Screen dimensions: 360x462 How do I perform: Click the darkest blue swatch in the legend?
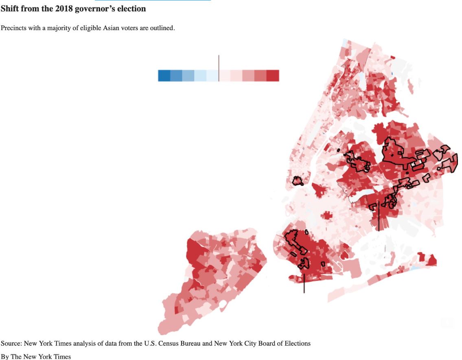tap(164, 76)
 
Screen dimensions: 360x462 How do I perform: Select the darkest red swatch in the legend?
tap(273, 76)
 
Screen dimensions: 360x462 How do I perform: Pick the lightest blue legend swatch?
tap(212, 76)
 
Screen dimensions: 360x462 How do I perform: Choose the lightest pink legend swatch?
tap(225, 76)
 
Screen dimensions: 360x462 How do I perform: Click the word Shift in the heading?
tap(10, 9)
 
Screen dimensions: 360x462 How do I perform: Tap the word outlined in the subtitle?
tap(162, 28)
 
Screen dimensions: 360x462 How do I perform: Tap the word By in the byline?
tap(4, 357)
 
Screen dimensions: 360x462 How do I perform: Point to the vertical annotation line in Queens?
tap(379, 216)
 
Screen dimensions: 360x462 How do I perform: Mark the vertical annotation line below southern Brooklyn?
tap(304, 283)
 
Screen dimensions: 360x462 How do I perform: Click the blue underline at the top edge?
tap(153, 0)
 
